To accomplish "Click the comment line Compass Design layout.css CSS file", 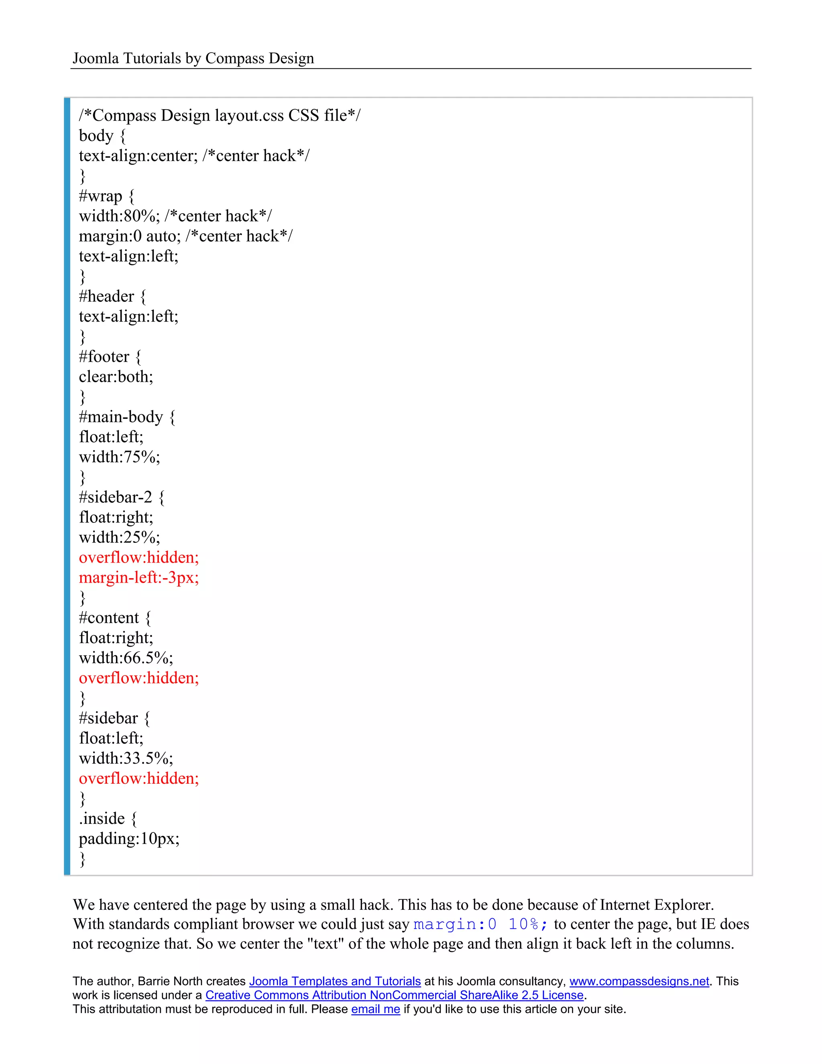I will tap(220, 116).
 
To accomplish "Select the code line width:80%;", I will tap(119, 216).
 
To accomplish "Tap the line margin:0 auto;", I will tap(130, 236).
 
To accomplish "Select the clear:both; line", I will tap(116, 377).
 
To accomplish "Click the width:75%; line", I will tap(119, 457).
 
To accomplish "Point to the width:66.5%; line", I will tap(126, 658).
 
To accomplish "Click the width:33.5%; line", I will tap(126, 758).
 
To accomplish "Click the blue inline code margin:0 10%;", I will tap(480, 924).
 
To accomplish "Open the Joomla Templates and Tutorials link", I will tap(335, 981).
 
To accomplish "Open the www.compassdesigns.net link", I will tap(639, 981).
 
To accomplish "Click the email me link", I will tap(375, 1009).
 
